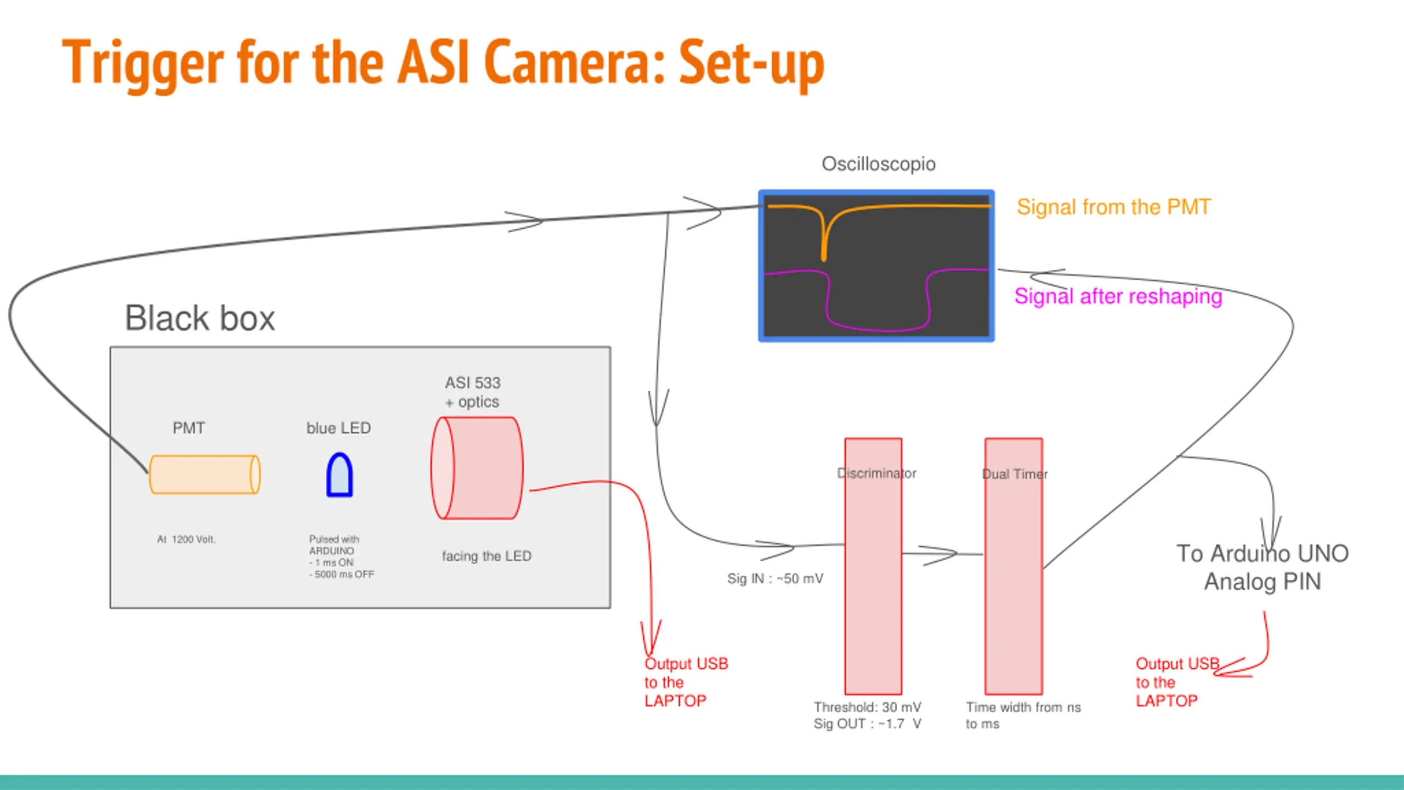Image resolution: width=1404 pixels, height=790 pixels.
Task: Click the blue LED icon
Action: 339,475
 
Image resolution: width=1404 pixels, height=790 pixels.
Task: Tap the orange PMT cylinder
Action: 205,475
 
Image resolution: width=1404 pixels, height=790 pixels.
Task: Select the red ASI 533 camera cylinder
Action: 477,468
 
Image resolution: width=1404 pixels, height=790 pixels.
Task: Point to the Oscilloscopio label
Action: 879,164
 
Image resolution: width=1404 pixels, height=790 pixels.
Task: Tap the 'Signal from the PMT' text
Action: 1113,207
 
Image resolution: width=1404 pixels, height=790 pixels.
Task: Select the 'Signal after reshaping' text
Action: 1118,296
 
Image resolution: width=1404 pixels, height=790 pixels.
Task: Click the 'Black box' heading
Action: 200,318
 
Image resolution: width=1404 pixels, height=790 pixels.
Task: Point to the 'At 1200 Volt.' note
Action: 186,539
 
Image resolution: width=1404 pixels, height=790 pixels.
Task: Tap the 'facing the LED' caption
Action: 486,556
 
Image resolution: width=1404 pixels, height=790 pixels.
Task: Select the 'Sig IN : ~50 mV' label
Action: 775,578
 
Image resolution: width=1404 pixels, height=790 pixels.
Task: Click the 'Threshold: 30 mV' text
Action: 868,707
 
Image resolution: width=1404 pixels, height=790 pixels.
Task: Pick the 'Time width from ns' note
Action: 1023,707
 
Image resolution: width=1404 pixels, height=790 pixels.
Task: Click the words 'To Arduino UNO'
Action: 1263,554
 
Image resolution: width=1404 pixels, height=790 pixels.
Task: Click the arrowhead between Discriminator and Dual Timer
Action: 939,555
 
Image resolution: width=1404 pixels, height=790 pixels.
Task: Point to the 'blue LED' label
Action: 338,428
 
